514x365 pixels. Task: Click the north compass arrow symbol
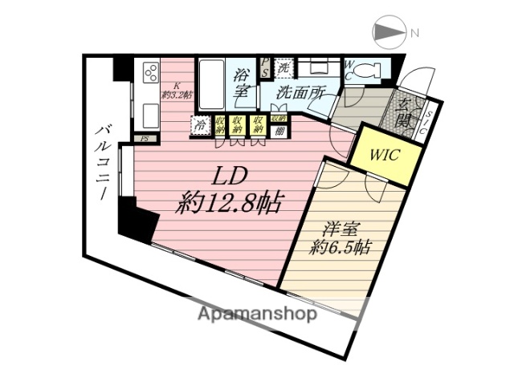390,33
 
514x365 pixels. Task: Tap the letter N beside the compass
414,34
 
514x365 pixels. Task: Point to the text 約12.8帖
230,202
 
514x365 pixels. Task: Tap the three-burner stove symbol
149,73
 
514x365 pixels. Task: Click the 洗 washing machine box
284,67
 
